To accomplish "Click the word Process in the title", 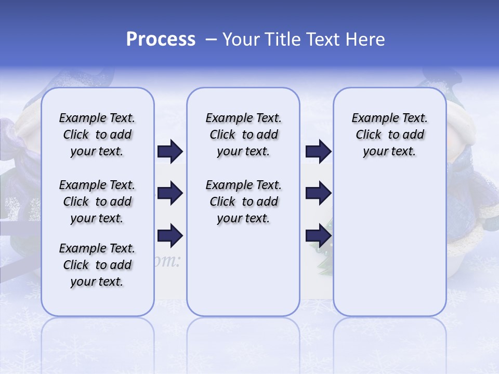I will pyautogui.click(x=161, y=39).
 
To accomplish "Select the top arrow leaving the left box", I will pyautogui.click(x=170, y=152).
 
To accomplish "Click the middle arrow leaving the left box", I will pyautogui.click(x=170, y=194).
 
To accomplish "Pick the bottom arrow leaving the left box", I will pyautogui.click(x=170, y=236).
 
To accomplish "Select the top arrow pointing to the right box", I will pyautogui.click(x=318, y=152).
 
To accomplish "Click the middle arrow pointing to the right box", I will pyautogui.click(x=318, y=194).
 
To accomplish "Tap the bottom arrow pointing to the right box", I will pyautogui.click(x=318, y=236).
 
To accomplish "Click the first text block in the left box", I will pyautogui.click(x=97, y=135).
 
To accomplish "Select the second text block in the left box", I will pyautogui.click(x=97, y=202).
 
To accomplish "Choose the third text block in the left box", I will pyautogui.click(x=97, y=265).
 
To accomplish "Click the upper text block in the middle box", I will pyautogui.click(x=243, y=135).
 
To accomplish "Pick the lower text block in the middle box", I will pyautogui.click(x=243, y=202).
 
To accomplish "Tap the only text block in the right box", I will pyautogui.click(x=389, y=135).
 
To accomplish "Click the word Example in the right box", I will pyautogui.click(x=371, y=118).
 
